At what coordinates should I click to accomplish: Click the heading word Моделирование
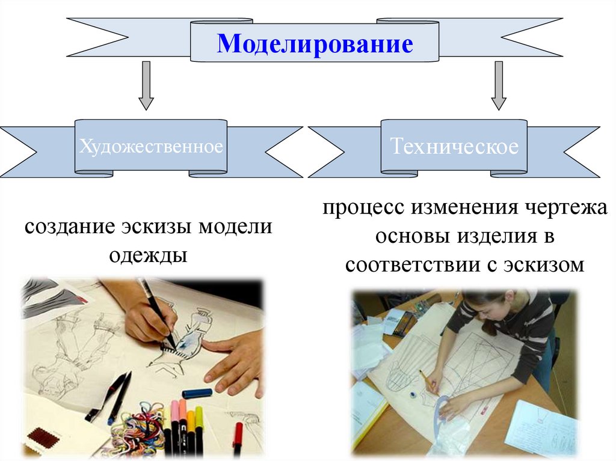point(315,44)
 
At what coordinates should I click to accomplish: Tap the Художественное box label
point(151,147)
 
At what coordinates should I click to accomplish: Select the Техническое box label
point(454,147)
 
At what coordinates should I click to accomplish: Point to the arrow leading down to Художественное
point(146,85)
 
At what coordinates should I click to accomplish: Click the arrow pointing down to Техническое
point(498,85)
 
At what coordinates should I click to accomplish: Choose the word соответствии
point(411,264)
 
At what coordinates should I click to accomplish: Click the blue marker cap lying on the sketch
point(197,393)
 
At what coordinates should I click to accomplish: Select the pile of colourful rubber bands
point(135,430)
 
